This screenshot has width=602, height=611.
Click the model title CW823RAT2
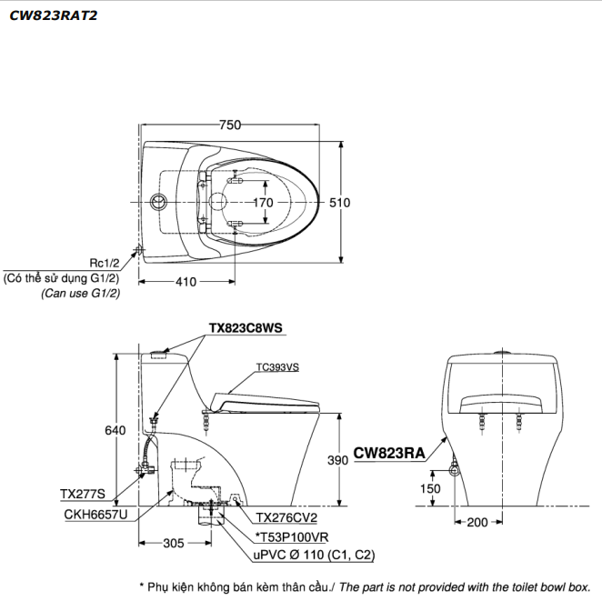click(53, 15)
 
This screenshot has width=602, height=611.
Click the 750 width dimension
click(230, 125)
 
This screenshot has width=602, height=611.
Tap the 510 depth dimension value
click(338, 203)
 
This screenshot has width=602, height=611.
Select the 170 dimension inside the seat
click(262, 203)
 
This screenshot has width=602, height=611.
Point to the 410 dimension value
click(186, 282)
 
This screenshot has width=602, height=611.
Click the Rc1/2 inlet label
click(105, 263)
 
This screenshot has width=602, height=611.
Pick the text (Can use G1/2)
click(80, 294)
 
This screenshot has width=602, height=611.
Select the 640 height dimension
click(115, 430)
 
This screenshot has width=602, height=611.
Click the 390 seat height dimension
click(338, 461)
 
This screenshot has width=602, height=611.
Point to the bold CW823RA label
click(389, 452)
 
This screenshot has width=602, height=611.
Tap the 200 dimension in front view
click(477, 522)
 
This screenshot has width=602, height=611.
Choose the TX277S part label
click(83, 495)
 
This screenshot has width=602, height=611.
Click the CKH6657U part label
click(95, 514)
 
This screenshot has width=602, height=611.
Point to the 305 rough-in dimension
click(174, 544)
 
